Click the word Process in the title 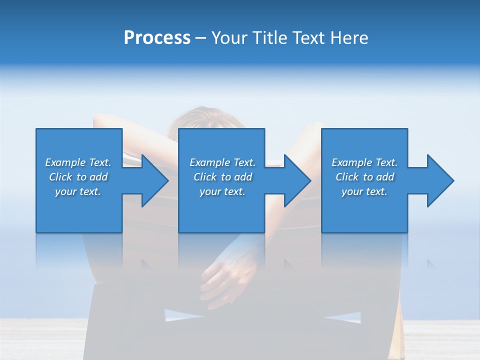(x=157, y=38)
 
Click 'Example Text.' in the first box (x=78, y=162)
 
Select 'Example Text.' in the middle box (x=222, y=162)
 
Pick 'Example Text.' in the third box (x=364, y=162)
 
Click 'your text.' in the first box (x=78, y=191)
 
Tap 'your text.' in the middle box (x=222, y=191)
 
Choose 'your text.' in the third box (x=364, y=191)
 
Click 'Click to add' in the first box (x=78, y=177)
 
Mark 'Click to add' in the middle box (x=222, y=177)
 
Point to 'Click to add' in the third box (x=364, y=177)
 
